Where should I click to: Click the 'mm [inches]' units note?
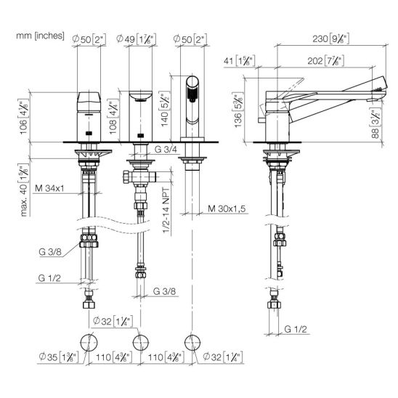[40, 36]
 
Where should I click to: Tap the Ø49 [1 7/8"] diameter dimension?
[137, 39]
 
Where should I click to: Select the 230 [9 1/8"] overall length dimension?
[331, 38]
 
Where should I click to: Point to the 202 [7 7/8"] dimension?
[326, 61]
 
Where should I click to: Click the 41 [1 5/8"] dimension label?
[239, 61]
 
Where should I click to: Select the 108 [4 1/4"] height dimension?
[113, 118]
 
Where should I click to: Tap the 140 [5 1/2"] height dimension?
[165, 109]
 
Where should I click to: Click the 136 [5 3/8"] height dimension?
[238, 111]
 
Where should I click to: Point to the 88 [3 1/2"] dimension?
[375, 124]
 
